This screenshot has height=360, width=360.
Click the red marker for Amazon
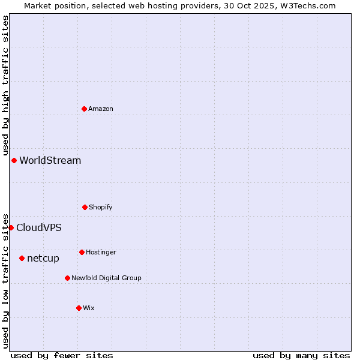pyautogui.click(x=84, y=109)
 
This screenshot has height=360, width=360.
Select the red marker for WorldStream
pyautogui.click(x=14, y=160)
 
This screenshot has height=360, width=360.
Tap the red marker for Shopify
pyautogui.click(x=85, y=207)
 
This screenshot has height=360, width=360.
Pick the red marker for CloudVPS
pyautogui.click(x=11, y=227)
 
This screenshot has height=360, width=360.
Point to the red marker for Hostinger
pyautogui.click(x=82, y=252)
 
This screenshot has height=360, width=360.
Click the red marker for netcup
pyautogui.click(x=22, y=258)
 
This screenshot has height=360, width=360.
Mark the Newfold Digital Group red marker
pyautogui.click(x=67, y=278)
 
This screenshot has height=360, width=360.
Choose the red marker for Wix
pyautogui.click(x=79, y=308)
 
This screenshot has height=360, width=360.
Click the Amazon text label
pyautogui.click(x=101, y=109)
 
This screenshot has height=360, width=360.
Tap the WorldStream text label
pyautogui.click(x=50, y=160)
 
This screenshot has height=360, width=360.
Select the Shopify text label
pyautogui.click(x=101, y=207)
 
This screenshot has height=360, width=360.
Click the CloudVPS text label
pyautogui.click(x=39, y=227)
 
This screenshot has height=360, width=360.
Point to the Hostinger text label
pyautogui.click(x=101, y=252)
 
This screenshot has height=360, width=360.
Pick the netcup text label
pyautogui.click(x=43, y=259)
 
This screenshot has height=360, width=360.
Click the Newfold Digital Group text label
pyautogui.click(x=106, y=278)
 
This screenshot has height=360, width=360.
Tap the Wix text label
pyautogui.click(x=89, y=308)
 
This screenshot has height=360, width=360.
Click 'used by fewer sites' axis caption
pyautogui.click(x=62, y=355)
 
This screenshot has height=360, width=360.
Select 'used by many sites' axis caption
pyautogui.click(x=301, y=355)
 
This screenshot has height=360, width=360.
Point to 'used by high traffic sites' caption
pyautogui.click(x=5, y=86)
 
